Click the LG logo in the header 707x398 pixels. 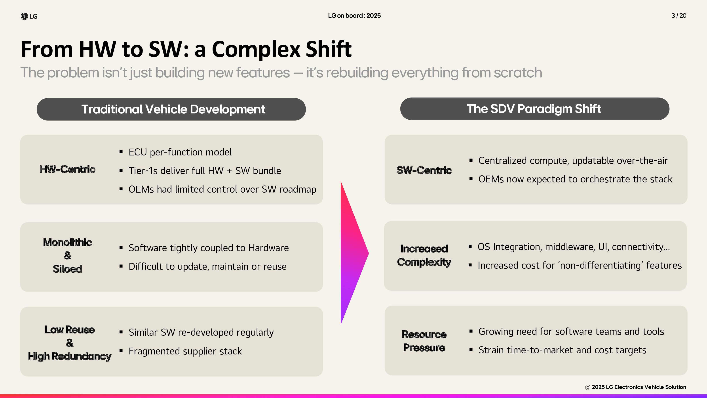pos(29,16)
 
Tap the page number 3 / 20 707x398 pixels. pos(679,16)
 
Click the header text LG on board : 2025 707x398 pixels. pos(354,16)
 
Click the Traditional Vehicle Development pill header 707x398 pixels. pos(171,109)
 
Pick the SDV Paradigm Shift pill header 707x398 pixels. pos(535,109)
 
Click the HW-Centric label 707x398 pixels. pos(68,169)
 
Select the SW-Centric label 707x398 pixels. pos(424,170)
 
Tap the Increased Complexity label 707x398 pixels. pos(424,255)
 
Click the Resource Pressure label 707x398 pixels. pos(424,341)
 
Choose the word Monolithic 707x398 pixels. pos(68,242)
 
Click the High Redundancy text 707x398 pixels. pos(70,356)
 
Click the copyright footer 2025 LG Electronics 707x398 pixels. pos(636,387)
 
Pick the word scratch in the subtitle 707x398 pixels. pos(518,73)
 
